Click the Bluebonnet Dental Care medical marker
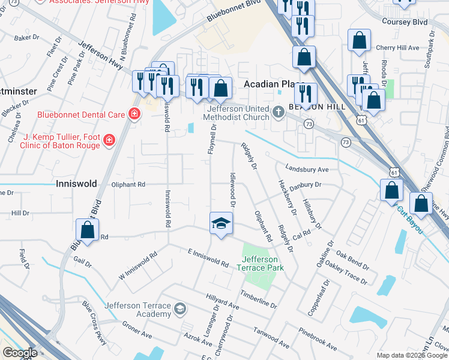click(134, 114)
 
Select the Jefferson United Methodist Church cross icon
click(279, 112)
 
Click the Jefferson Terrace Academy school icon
click(179, 310)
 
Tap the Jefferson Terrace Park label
click(262, 263)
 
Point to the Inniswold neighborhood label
click(76, 184)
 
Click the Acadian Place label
click(274, 85)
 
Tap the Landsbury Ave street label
click(307, 169)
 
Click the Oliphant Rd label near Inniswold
click(128, 185)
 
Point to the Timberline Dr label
click(259, 299)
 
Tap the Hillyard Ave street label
click(222, 302)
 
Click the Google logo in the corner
click(20, 353)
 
